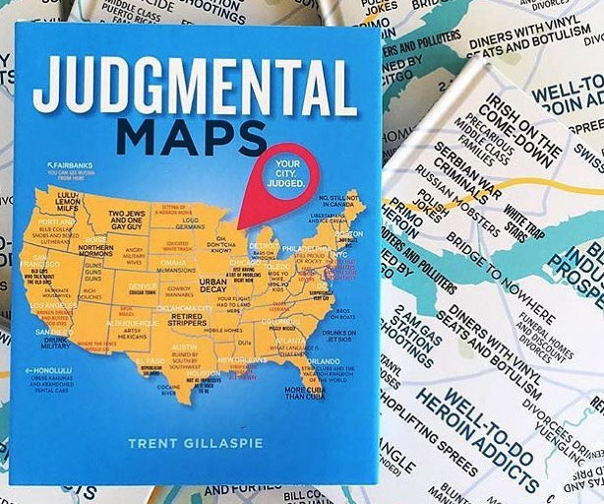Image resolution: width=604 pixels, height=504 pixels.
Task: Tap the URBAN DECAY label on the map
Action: click(213, 284)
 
